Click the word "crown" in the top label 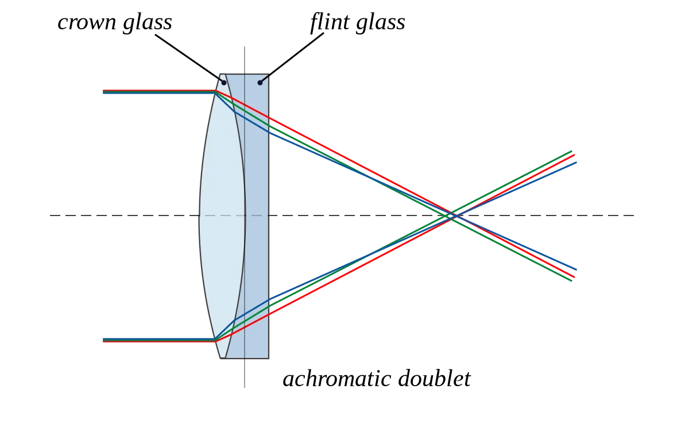point(87,23)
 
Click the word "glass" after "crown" point(148,22)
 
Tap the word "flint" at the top point(330,22)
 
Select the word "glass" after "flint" point(381,22)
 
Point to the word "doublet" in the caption point(434,379)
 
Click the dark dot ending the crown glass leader point(224,83)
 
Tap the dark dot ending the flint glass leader point(260,83)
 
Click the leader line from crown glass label point(189,58)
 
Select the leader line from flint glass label point(292,57)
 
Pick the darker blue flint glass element point(257,215)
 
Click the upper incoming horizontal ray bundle point(159,92)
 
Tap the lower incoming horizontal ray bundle point(159,340)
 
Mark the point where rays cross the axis point(453,215)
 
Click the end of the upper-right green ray point(571,151)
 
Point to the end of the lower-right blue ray point(576,270)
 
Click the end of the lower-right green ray point(571,281)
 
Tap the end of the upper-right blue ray point(576,162)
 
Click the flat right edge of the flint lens point(269,216)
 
